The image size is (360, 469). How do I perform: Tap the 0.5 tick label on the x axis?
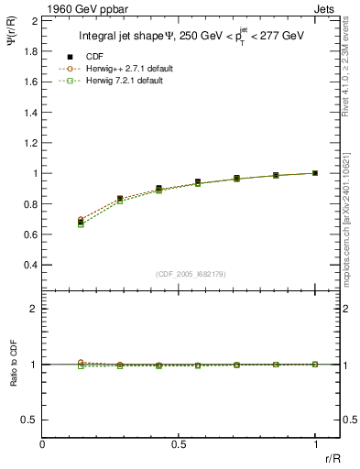click(179, 443)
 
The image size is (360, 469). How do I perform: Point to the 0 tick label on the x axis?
click(43, 443)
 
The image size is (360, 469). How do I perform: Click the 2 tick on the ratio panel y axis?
click(35, 310)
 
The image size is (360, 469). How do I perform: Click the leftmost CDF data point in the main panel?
click(82, 223)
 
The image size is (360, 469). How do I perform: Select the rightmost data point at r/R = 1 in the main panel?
click(315, 172)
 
